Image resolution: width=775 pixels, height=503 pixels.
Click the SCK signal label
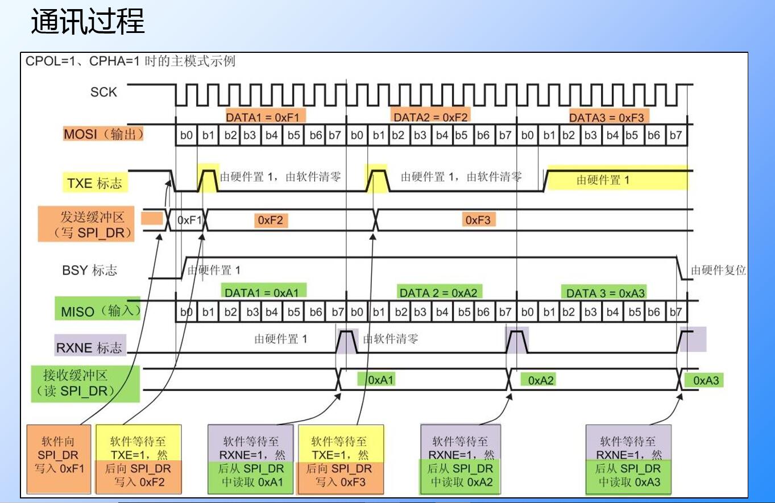click(103, 92)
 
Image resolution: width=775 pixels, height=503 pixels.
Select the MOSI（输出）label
click(103, 135)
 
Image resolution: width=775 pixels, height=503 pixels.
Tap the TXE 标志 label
click(94, 183)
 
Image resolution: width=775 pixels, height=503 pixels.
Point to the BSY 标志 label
click(89, 270)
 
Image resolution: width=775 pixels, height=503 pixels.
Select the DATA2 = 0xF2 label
click(429, 117)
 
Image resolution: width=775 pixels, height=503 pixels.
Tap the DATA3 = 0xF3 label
click(606, 117)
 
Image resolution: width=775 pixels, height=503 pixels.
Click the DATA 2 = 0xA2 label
click(438, 293)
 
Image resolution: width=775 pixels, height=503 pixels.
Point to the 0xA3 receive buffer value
click(704, 380)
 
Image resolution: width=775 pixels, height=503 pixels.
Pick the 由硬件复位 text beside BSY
click(718, 271)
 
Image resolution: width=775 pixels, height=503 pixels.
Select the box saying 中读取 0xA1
click(251, 459)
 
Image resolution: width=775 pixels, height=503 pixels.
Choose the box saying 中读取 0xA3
click(628, 459)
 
